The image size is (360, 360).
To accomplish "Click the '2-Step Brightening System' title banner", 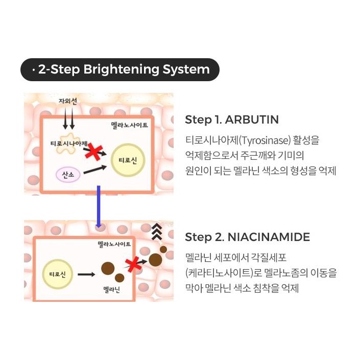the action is click(120, 69).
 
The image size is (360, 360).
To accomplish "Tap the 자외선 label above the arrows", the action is click(68, 101).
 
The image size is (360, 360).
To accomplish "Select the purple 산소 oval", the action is click(68, 175).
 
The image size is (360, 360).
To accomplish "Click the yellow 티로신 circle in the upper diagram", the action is click(128, 160).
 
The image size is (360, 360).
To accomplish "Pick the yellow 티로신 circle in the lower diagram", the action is click(58, 274).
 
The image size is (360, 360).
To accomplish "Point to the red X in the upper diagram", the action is click(93, 152).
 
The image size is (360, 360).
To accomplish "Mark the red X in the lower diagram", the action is click(133, 264).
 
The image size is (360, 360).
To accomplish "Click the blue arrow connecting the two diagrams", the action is click(99, 206).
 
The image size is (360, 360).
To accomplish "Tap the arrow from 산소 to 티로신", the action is click(95, 170).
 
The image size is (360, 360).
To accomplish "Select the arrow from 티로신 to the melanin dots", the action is click(86, 274).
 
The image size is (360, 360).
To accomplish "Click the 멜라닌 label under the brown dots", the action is click(112, 290).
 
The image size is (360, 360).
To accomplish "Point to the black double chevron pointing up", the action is click(157, 232).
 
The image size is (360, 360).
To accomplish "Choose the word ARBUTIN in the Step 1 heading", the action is click(252, 119).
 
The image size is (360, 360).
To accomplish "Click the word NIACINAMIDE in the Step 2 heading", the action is click(269, 237).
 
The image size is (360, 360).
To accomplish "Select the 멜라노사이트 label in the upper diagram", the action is click(130, 125).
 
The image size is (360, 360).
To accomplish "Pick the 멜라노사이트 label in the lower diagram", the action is click(114, 244).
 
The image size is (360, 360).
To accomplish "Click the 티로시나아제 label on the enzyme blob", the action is click(69, 143).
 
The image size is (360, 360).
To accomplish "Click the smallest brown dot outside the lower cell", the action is click(163, 250).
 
